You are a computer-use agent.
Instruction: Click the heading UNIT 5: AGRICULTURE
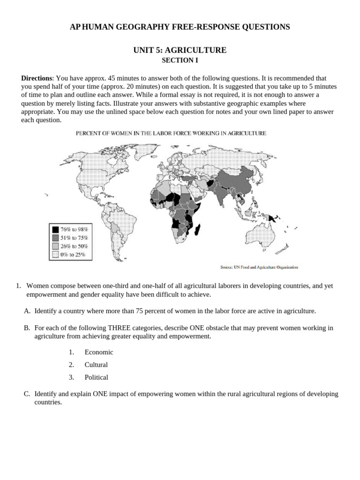(180, 50)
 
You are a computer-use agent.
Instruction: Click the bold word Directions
(37, 78)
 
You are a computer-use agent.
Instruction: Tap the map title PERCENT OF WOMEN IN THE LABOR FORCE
(171, 133)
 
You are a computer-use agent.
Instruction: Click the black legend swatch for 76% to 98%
(55, 230)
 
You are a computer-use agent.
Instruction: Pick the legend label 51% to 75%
(74, 238)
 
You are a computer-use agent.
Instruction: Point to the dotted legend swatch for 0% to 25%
(55, 255)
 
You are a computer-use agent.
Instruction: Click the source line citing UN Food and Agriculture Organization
(259, 268)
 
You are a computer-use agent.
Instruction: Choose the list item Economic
(98, 352)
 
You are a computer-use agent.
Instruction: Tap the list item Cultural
(96, 365)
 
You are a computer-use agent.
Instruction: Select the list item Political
(96, 377)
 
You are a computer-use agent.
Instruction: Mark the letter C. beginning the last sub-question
(27, 394)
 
